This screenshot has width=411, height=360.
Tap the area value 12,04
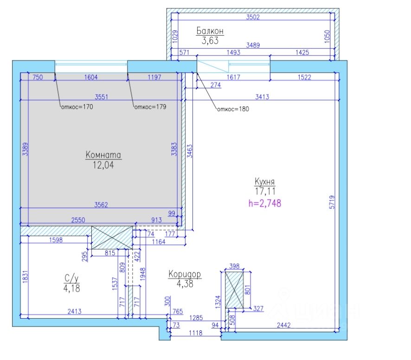click(103, 164)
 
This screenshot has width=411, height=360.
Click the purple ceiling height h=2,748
click(265, 202)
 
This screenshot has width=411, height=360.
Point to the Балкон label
click(210, 31)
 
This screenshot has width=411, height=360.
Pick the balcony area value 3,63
click(210, 40)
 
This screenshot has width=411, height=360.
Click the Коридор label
click(185, 274)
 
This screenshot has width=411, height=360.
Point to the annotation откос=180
click(233, 109)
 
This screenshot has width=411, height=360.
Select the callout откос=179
click(150, 107)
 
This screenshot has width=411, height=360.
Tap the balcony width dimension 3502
click(252, 18)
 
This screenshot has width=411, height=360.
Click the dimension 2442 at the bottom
click(284, 326)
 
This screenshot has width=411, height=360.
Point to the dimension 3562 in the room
click(101, 205)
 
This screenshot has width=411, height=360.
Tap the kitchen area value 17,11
click(265, 190)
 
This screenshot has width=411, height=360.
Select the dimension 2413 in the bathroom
click(75, 312)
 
